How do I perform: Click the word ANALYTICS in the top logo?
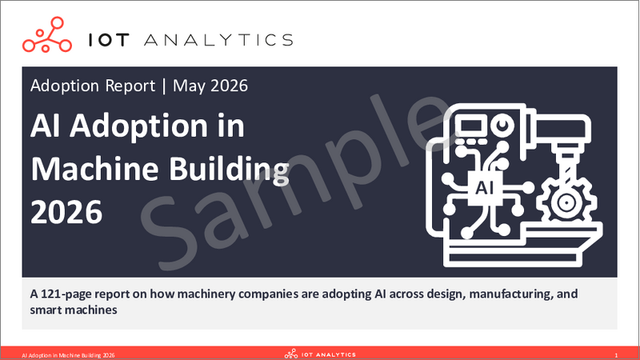(x=218, y=40)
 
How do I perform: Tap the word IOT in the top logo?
(x=109, y=40)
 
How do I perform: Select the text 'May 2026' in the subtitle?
(x=210, y=86)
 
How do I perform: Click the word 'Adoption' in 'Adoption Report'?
(x=65, y=86)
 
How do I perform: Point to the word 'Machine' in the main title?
(x=94, y=169)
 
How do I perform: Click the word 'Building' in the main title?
(x=229, y=170)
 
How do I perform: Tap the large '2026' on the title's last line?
(x=66, y=212)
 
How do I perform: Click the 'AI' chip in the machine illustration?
(x=485, y=188)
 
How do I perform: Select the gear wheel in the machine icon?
(x=566, y=202)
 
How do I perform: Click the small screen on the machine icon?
(x=470, y=126)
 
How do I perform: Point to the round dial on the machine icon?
(x=502, y=125)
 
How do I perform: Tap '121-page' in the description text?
(x=65, y=294)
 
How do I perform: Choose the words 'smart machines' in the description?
(x=74, y=310)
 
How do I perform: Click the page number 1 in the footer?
(x=616, y=355)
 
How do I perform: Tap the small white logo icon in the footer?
(x=291, y=354)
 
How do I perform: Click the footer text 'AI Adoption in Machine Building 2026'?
(x=68, y=355)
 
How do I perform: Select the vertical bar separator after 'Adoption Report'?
(x=164, y=86)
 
